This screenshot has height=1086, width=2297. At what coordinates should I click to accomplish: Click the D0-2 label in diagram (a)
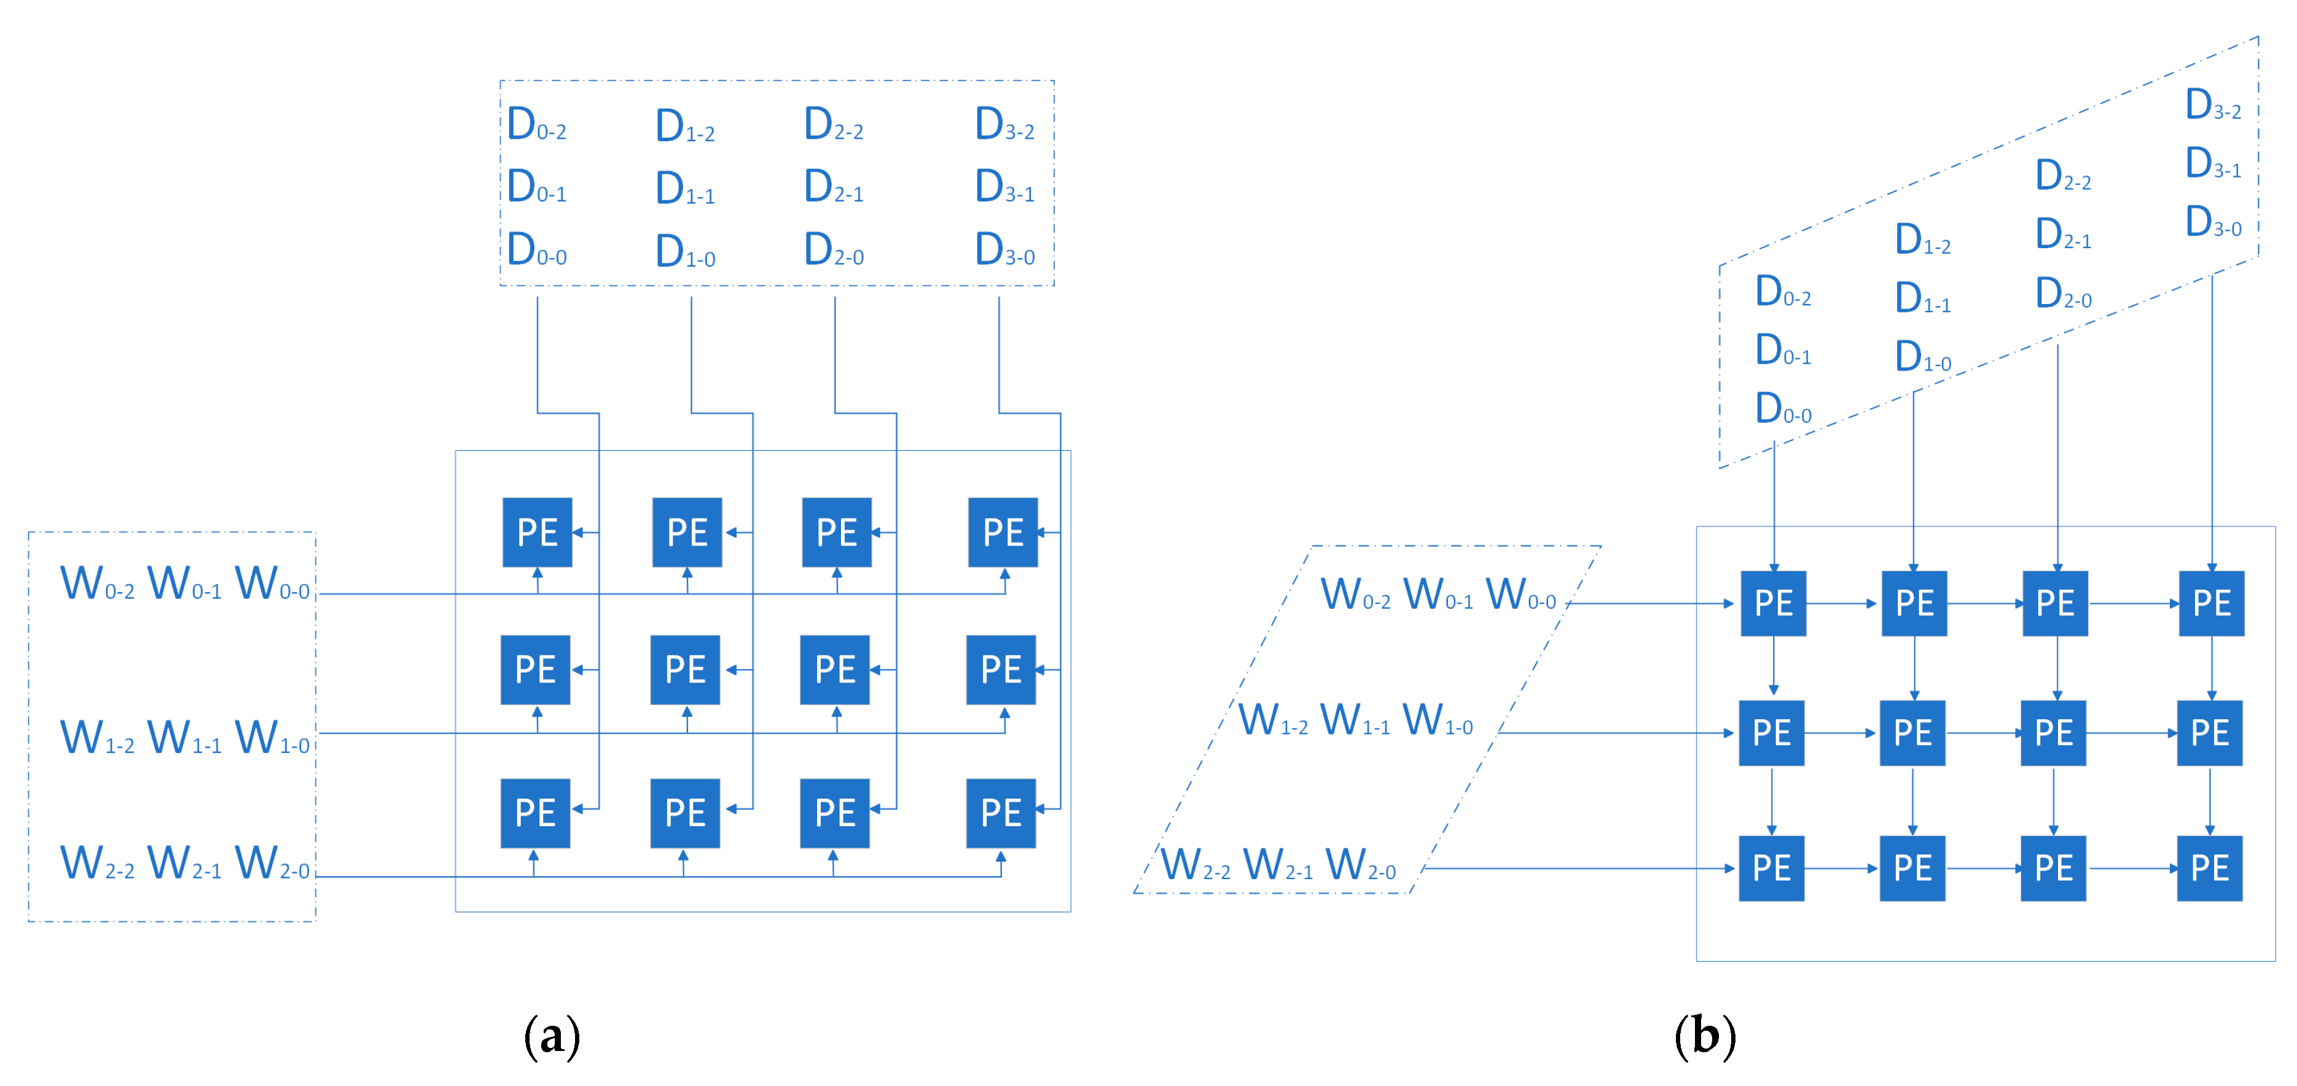[x=536, y=125]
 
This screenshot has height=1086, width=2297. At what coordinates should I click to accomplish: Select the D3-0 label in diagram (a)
[x=1004, y=251]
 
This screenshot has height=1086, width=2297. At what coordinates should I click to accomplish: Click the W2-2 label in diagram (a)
[x=97, y=864]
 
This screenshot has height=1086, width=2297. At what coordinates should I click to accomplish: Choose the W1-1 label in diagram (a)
[x=184, y=739]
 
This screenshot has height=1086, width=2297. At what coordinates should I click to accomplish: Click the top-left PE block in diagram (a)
[x=537, y=533]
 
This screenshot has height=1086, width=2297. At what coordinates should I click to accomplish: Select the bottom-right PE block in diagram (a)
[x=1001, y=812]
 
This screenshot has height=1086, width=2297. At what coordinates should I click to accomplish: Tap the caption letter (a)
[x=552, y=1036]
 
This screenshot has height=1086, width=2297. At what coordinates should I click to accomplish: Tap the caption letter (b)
[x=1704, y=1036]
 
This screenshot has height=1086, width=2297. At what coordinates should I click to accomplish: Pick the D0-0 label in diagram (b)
[x=1782, y=409]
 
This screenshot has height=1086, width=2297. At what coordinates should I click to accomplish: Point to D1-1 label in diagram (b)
[x=1922, y=299]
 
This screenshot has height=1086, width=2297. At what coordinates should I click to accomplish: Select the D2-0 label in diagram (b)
[x=2062, y=294]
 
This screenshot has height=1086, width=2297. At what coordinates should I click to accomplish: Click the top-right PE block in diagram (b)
[x=2212, y=604]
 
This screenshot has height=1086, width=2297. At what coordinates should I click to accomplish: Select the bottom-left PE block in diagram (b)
[x=1771, y=867]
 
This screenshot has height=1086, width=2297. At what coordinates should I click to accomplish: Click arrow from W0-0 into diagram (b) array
[x=1649, y=604]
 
